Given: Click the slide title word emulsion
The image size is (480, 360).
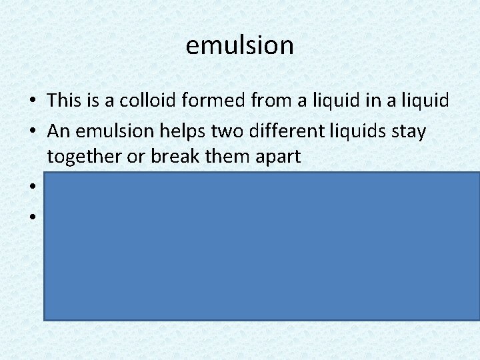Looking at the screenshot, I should tap(239, 45).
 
